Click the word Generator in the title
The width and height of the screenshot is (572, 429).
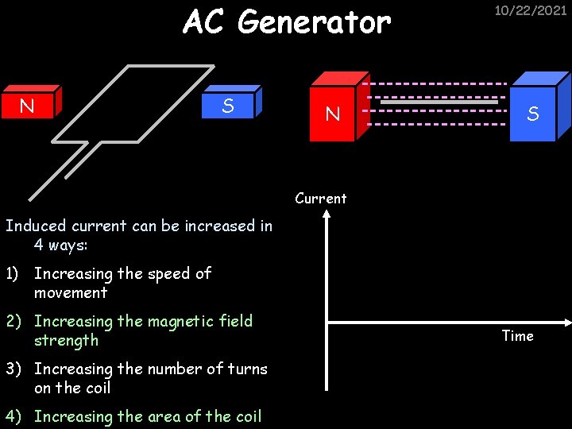[314, 23]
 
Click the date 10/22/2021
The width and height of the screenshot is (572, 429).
[531, 10]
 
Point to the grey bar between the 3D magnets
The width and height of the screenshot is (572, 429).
[439, 102]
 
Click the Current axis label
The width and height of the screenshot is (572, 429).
[321, 198]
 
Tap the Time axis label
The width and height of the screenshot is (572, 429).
[517, 336]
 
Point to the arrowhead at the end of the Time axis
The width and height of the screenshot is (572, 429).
[566, 322]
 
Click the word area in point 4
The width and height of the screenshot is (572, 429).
[164, 416]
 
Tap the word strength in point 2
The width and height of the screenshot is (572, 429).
[66, 341]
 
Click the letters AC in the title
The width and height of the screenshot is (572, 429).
[205, 23]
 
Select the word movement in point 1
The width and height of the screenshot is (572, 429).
[70, 293]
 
